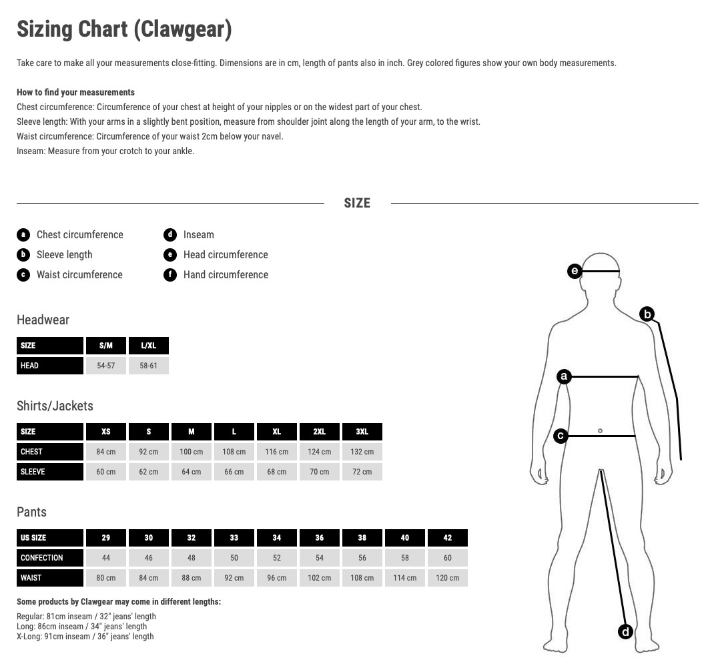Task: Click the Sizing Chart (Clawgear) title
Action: coord(124,29)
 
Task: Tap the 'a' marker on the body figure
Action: coord(564,377)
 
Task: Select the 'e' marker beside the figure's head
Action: coord(575,271)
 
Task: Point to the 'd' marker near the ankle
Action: coord(625,631)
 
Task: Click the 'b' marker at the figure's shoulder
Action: coord(647,314)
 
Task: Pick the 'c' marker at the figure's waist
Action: coord(561,436)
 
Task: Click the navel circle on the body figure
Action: coord(600,431)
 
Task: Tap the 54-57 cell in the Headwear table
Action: coord(106,366)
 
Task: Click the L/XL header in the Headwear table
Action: coord(149,346)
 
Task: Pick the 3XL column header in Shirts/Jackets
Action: coord(362,432)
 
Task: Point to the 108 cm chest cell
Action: coord(234,452)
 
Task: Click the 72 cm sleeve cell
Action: coord(362,472)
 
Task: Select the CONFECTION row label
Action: coord(42,558)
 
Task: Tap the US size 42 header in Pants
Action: coord(447,538)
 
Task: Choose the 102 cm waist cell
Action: coord(320,578)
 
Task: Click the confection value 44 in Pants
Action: coord(106,558)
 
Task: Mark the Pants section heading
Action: coord(32,512)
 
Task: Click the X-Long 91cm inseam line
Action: coord(85,637)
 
